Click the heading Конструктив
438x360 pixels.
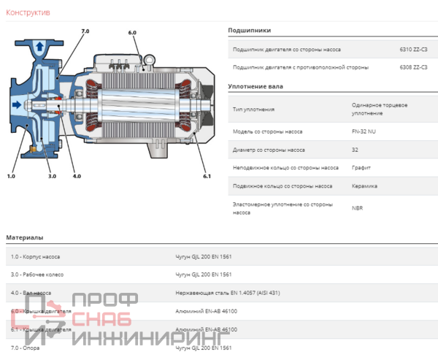click(28, 12)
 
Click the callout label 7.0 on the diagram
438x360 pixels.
click(85, 31)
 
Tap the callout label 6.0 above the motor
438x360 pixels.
click(132, 33)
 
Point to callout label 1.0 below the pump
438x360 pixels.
click(11, 176)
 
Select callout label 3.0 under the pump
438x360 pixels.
click(52, 176)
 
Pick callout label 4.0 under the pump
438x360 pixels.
click(77, 176)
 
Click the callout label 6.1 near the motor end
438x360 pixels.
click(207, 176)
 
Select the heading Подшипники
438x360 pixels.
click(249, 31)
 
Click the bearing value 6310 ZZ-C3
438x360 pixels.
click(413, 50)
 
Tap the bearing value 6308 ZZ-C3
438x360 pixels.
click(413, 67)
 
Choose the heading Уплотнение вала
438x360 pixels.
click(255, 86)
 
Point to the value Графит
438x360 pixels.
click(361, 167)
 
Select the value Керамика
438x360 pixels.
click(364, 185)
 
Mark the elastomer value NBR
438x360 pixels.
click(357, 208)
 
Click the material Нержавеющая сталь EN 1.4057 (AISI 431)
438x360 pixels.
click(227, 292)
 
